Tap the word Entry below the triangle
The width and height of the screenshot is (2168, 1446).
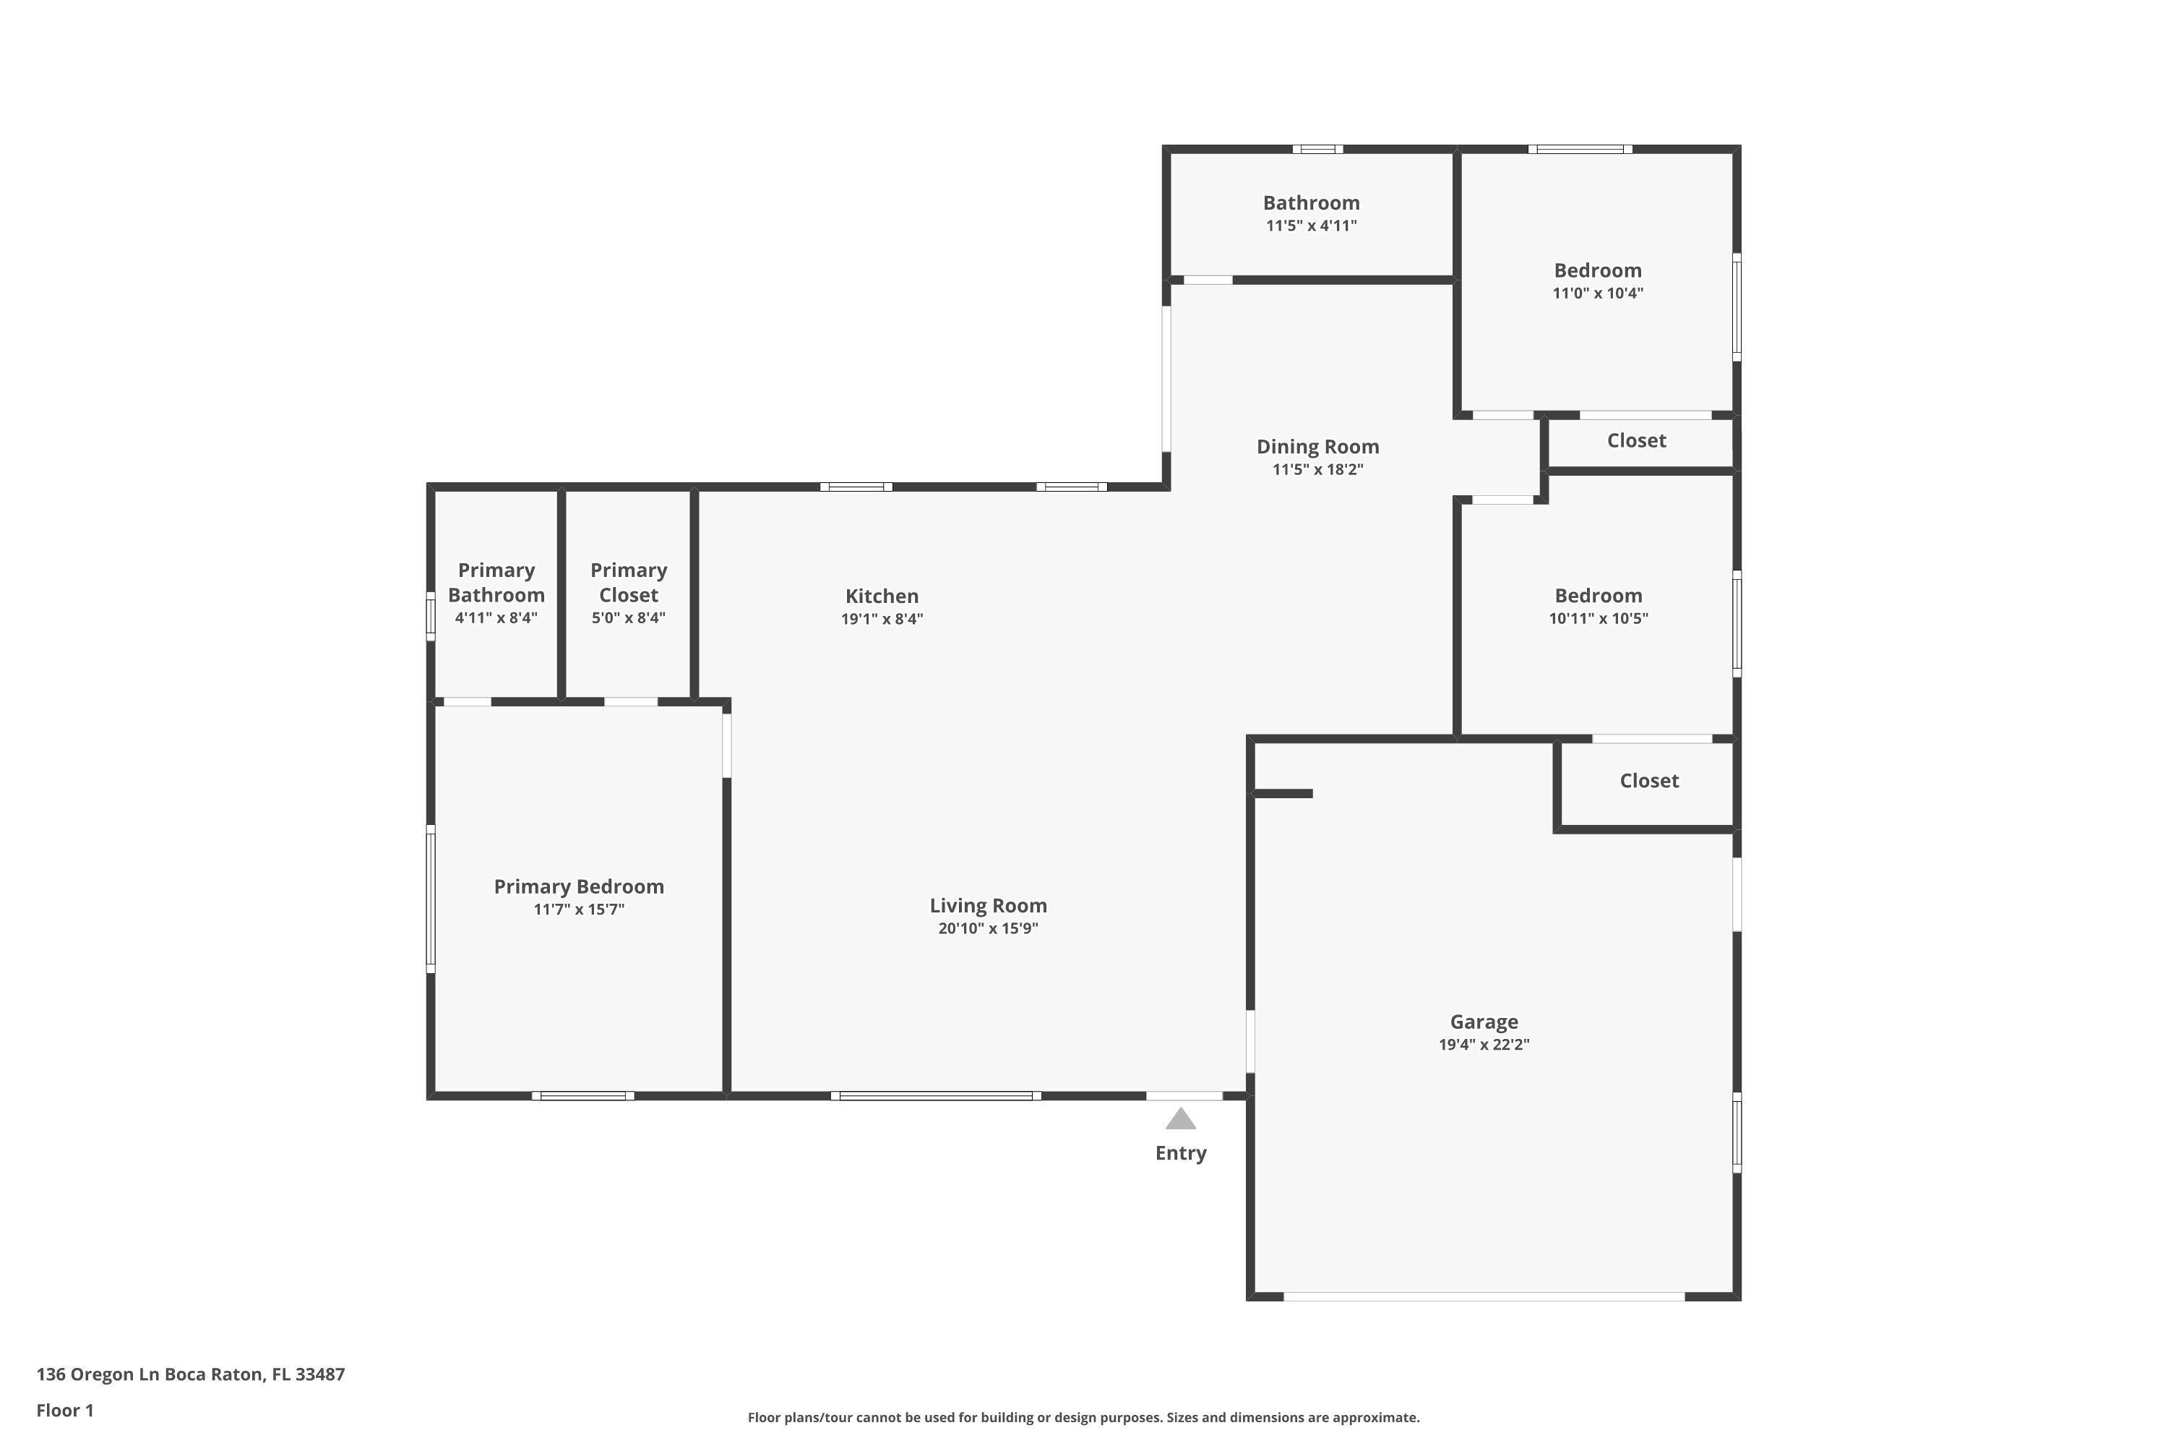tap(1181, 1152)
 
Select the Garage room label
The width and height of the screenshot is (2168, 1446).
tap(1484, 1022)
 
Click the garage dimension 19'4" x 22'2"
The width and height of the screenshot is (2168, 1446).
tap(1484, 1045)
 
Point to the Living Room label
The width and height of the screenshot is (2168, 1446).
tap(988, 906)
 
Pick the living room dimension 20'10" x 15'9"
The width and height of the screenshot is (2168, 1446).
tap(988, 928)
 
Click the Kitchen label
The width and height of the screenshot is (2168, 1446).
tap(882, 596)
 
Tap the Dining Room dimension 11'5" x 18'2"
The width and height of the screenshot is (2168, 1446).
tap(1318, 469)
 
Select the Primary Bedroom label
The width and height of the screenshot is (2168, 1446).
tap(579, 886)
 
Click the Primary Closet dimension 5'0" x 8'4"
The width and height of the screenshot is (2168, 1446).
tap(629, 618)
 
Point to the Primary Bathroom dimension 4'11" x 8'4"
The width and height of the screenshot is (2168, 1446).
tap(496, 618)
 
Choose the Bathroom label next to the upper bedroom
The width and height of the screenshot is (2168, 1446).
tap(1311, 203)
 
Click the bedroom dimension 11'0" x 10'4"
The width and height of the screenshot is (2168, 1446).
tap(1597, 294)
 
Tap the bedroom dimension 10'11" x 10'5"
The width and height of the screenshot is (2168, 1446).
tap(1599, 619)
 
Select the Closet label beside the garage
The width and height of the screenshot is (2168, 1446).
tap(1649, 781)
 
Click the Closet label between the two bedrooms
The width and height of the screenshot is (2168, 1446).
tap(1636, 441)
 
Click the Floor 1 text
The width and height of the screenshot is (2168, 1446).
tap(64, 1410)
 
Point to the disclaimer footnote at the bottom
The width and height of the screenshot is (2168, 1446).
tap(1083, 1417)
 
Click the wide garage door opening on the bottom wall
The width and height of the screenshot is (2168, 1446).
tap(1484, 1296)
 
